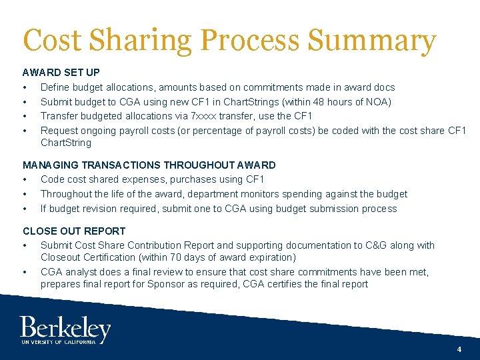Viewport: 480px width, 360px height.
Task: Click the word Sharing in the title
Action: tap(144, 41)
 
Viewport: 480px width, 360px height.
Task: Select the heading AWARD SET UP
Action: tap(61, 73)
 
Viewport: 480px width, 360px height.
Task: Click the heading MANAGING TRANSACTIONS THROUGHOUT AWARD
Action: tap(149, 165)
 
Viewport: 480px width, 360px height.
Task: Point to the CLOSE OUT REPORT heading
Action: tap(74, 231)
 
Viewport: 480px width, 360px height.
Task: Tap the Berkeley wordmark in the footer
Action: tap(65, 328)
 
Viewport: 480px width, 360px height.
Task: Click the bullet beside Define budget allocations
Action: tap(25, 87)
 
